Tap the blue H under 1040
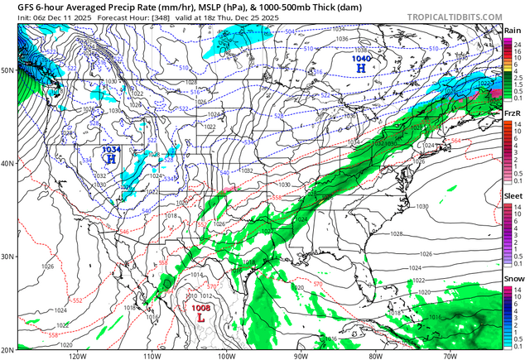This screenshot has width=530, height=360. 361,69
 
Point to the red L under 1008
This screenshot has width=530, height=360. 200,317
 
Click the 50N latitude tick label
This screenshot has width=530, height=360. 7,70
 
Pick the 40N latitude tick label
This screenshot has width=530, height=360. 7,163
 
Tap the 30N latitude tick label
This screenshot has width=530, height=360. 7,257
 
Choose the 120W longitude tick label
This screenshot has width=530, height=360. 79,355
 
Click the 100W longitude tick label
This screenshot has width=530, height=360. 227,355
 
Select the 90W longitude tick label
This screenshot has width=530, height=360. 301,355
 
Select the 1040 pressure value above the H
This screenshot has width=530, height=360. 361,59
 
